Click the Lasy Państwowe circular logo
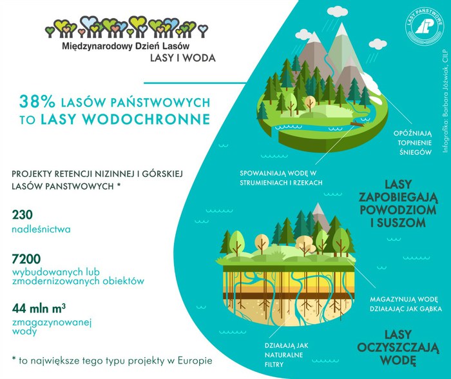(x=425, y=27)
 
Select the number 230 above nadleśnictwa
(x=23, y=215)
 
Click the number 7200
(x=26, y=259)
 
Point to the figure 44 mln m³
(x=39, y=308)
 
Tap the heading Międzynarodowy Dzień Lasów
(x=126, y=46)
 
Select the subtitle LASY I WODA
(x=183, y=58)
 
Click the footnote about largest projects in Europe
(x=112, y=360)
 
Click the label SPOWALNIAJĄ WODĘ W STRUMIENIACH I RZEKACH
(x=281, y=178)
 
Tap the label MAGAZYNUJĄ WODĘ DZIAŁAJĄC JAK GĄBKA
(x=405, y=304)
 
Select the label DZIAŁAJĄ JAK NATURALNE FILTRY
(x=286, y=355)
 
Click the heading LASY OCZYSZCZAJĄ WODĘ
(x=398, y=347)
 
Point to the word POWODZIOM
(x=398, y=210)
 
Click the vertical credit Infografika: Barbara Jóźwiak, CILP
(x=446, y=101)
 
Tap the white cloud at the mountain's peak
(x=338, y=11)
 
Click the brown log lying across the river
(x=358, y=124)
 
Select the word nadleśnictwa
(x=41, y=229)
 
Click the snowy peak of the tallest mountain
(x=341, y=30)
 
